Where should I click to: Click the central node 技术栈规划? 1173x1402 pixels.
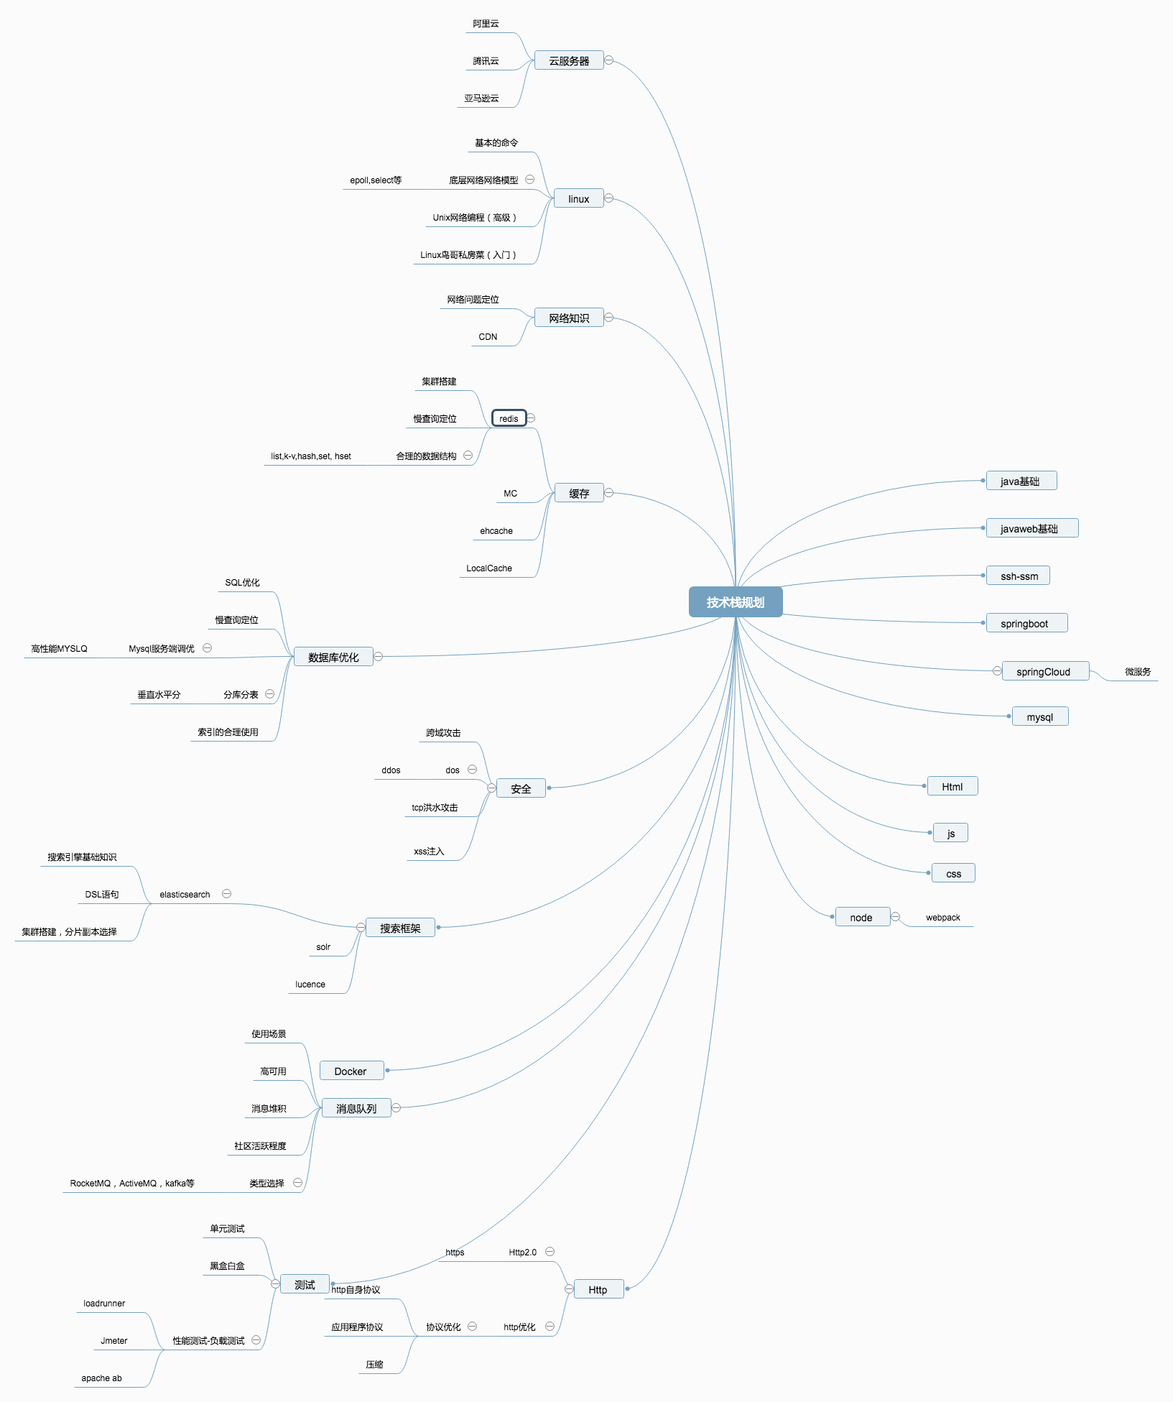pyautogui.click(x=735, y=602)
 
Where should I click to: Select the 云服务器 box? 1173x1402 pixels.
pyautogui.click(x=569, y=61)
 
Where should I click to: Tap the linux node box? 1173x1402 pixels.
pyautogui.click(x=578, y=199)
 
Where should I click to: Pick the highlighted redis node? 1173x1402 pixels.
pyautogui.click(x=509, y=418)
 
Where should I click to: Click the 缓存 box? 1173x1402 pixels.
pyautogui.click(x=579, y=493)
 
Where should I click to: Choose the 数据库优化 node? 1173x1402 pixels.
pyautogui.click(x=333, y=657)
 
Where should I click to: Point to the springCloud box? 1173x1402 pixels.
pyautogui.click(x=1043, y=672)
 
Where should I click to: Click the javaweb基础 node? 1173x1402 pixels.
pyautogui.click(x=1029, y=529)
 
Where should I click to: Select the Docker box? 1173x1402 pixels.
pyautogui.click(x=351, y=1071)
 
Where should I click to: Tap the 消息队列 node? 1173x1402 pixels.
pyautogui.click(x=356, y=1108)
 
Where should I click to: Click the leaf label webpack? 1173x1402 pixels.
pyautogui.click(x=942, y=918)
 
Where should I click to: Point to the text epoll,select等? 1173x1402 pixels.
pyautogui.click(x=376, y=180)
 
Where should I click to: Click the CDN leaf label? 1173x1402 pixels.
pyautogui.click(x=488, y=337)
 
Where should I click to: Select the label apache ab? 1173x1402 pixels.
pyautogui.click(x=101, y=1378)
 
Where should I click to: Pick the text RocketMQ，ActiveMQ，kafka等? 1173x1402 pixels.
pyautogui.click(x=132, y=1184)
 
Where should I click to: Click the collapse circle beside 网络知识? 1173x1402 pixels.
pyautogui.click(x=609, y=317)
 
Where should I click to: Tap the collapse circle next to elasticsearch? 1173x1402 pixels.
pyautogui.click(x=226, y=894)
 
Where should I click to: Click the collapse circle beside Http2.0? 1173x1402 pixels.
pyautogui.click(x=550, y=1252)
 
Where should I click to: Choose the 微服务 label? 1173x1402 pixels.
pyautogui.click(x=1138, y=672)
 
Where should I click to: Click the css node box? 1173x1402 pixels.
pyautogui.click(x=953, y=874)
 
